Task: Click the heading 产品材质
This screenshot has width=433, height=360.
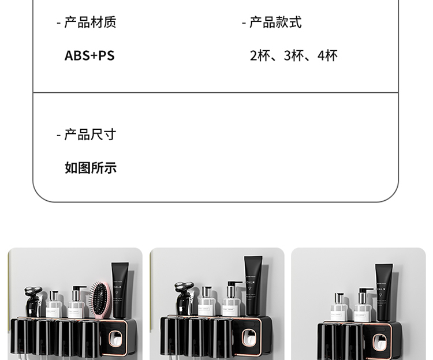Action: pyautogui.click(x=89, y=22)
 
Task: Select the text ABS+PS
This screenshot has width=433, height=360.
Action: pyautogui.click(x=89, y=56)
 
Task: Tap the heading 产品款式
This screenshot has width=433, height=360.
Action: pyautogui.click(x=275, y=22)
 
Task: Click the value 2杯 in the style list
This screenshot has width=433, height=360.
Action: pyautogui.click(x=260, y=56)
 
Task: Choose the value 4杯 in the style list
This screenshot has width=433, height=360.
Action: pyautogui.click(x=327, y=56)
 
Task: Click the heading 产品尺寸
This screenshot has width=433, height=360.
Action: pyautogui.click(x=89, y=134)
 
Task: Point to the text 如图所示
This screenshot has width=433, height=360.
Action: pyautogui.click(x=91, y=168)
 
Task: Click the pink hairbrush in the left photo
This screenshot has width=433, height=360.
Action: pyautogui.click(x=102, y=297)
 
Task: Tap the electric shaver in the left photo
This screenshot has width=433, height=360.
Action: pyautogui.click(x=33, y=301)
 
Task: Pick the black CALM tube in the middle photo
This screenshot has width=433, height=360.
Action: pyautogui.click(x=253, y=286)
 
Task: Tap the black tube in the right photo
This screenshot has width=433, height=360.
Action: pyautogui.click(x=383, y=292)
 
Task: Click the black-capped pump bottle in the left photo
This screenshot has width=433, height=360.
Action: pyautogui.click(x=76, y=302)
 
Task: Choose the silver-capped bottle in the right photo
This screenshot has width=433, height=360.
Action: pyautogui.click(x=339, y=306)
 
